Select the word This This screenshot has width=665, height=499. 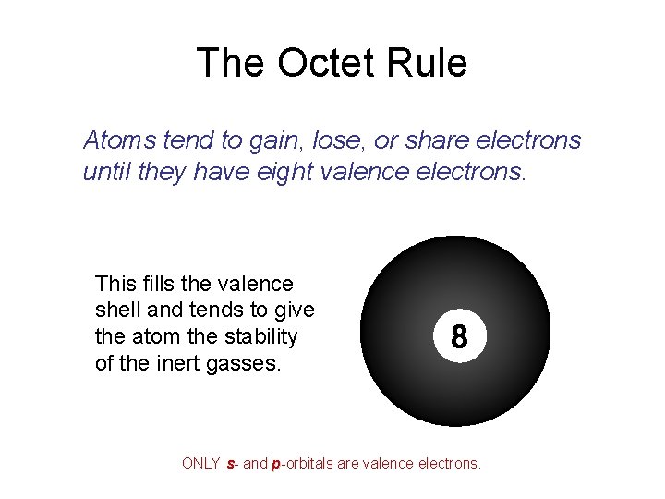(115, 284)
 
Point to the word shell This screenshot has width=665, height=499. (117, 310)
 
